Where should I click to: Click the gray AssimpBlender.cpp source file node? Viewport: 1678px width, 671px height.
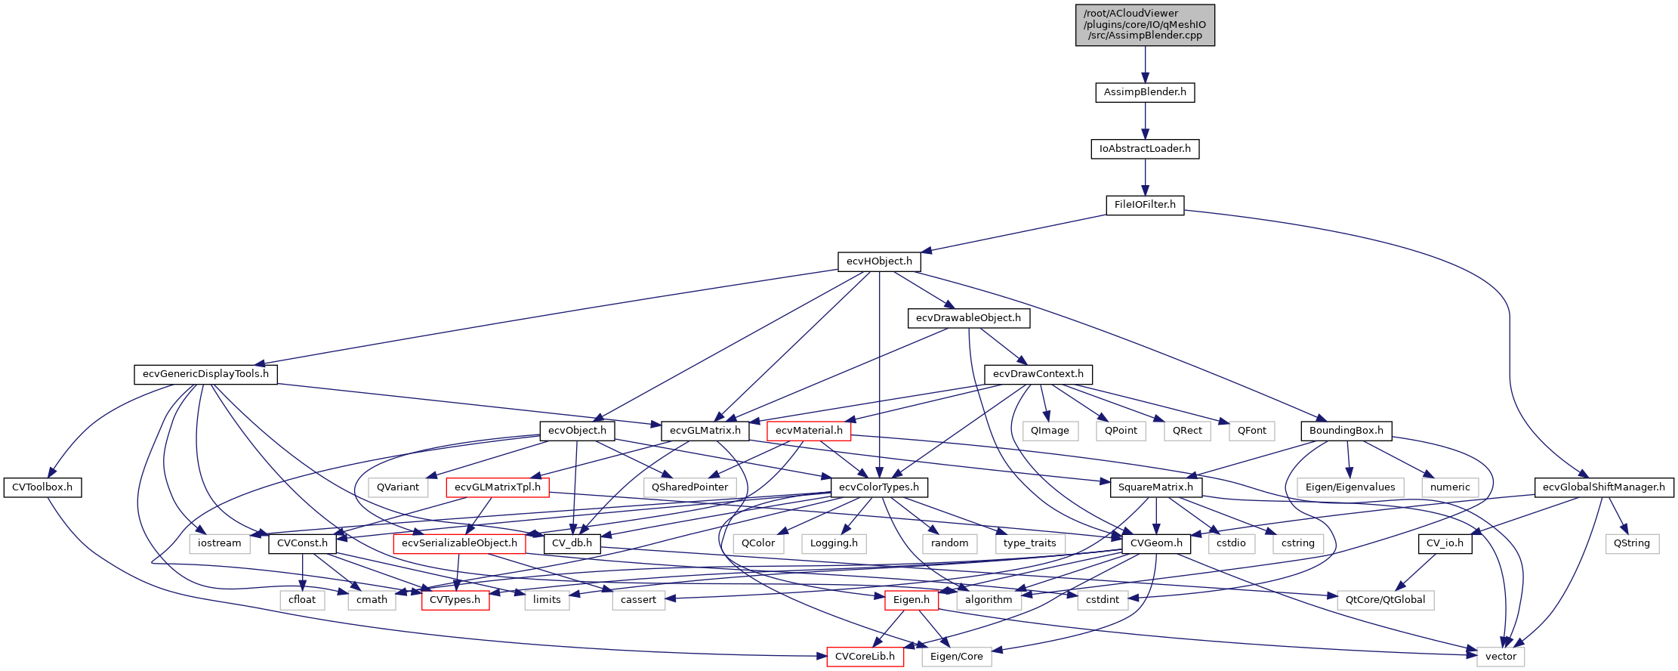pyautogui.click(x=1145, y=25)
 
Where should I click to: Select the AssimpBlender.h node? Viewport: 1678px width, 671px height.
pyautogui.click(x=1145, y=92)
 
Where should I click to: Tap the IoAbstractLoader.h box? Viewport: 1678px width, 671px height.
pyautogui.click(x=1145, y=149)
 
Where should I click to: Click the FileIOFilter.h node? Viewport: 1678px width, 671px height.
pyautogui.click(x=1145, y=205)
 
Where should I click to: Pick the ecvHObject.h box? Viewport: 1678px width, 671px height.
pyautogui.click(x=879, y=261)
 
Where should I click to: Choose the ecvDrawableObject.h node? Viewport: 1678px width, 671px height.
pyautogui.click(x=968, y=318)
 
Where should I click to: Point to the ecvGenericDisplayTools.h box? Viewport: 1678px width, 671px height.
pyautogui.click(x=205, y=374)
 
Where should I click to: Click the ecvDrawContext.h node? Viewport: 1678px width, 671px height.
pyautogui.click(x=1038, y=374)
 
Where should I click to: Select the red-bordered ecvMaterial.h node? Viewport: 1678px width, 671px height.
pyautogui.click(x=809, y=431)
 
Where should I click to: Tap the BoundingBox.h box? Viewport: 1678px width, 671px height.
pyautogui.click(x=1346, y=431)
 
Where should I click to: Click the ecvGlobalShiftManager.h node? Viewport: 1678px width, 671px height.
pyautogui.click(x=1603, y=487)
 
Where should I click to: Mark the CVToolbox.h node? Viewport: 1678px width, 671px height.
pyautogui.click(x=42, y=487)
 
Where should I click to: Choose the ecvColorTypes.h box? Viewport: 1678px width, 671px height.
pyautogui.click(x=879, y=487)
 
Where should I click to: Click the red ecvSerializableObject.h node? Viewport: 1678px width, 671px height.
pyautogui.click(x=459, y=543)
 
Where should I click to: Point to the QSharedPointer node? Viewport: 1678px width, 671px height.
pyautogui.click(x=689, y=487)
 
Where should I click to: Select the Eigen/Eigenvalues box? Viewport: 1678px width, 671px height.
pyautogui.click(x=1350, y=487)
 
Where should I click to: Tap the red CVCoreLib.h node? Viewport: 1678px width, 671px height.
pyautogui.click(x=865, y=657)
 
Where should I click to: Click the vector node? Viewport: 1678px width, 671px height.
pyautogui.click(x=1501, y=657)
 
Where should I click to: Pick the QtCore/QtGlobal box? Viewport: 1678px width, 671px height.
pyautogui.click(x=1385, y=600)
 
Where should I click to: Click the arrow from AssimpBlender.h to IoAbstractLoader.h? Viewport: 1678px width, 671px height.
pyautogui.click(x=1145, y=120)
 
